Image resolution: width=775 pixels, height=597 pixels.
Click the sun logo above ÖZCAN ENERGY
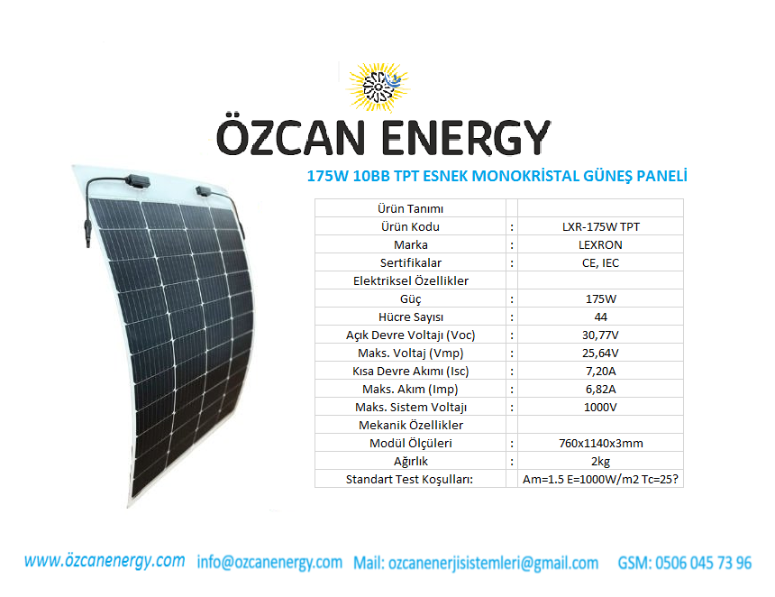point(378,87)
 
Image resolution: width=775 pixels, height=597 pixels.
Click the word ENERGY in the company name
point(466,138)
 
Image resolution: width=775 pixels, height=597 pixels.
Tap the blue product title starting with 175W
point(497,176)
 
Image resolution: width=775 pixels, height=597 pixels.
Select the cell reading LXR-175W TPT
point(600,227)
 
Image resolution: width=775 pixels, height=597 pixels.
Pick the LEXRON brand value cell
point(600,244)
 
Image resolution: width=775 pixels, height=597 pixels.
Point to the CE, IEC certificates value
point(600,263)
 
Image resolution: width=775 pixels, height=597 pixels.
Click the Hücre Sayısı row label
point(411,317)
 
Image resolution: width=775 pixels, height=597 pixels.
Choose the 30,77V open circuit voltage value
point(600,335)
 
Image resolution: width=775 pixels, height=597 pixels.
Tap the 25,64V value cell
point(600,354)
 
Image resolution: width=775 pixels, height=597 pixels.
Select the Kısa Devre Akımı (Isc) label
point(411,372)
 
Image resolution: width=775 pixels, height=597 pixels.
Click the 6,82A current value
point(600,390)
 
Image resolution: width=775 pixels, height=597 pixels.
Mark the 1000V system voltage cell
point(600,408)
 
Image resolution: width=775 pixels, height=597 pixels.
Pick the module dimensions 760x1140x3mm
point(600,444)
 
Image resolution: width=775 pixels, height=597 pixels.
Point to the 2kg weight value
point(600,462)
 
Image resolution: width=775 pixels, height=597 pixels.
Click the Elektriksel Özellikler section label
point(411,281)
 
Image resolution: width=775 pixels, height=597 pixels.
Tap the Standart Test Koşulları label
point(409,479)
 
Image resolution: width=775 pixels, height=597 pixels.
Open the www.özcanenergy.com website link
point(105,562)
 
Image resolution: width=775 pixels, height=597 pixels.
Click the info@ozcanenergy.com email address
point(269,563)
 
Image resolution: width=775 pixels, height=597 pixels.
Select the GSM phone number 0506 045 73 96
point(685,563)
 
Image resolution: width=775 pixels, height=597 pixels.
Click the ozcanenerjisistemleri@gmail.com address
point(493,564)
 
